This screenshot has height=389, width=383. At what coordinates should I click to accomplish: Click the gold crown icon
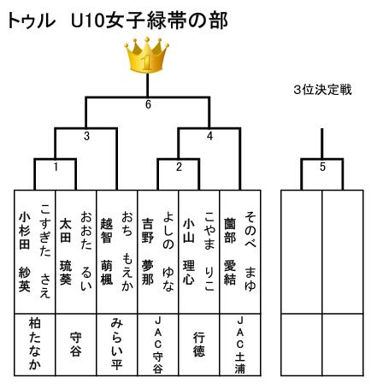147,55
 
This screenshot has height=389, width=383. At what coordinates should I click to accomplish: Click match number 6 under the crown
148,104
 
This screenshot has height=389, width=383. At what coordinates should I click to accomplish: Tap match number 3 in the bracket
86,136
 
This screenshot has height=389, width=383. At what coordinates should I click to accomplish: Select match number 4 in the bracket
209,136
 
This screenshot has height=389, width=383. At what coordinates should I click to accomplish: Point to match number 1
56,167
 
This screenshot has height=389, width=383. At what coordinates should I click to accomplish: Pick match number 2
179,167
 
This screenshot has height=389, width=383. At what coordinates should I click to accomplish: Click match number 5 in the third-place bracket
322,167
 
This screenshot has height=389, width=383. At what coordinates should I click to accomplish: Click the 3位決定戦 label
322,90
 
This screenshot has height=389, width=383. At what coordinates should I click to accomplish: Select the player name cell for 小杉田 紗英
35,252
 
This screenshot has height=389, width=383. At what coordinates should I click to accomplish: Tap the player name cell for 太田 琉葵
76,252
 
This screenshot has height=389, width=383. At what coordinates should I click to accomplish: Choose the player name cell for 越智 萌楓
117,252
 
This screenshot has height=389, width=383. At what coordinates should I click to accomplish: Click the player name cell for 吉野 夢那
158,252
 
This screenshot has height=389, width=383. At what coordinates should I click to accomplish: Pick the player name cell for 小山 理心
199,252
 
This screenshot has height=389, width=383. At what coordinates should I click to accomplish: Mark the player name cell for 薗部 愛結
240,252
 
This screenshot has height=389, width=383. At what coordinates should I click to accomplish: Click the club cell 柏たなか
35,345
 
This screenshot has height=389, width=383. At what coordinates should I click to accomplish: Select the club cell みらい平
117,345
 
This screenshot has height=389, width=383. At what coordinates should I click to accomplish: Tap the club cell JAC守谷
158,345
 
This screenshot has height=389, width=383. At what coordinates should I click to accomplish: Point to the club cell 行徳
199,345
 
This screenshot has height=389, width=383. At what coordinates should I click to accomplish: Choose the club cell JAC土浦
240,345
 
